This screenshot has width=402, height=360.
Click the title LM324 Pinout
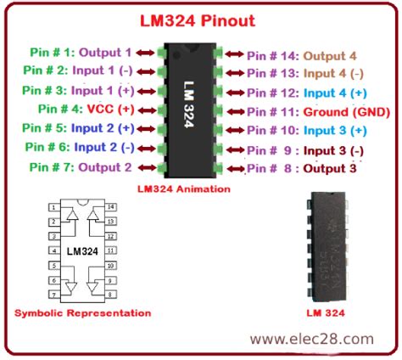tap(198, 21)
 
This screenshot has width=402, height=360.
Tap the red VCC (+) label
tap(110, 109)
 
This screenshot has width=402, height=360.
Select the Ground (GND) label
tap(347, 112)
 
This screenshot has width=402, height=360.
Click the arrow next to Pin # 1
tap(145, 53)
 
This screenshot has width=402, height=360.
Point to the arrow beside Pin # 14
tap(234, 53)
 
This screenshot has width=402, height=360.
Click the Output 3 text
tap(330, 169)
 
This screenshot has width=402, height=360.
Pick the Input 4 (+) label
tap(335, 93)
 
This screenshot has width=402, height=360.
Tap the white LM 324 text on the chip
tap(188, 104)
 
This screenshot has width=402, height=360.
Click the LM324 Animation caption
tap(184, 188)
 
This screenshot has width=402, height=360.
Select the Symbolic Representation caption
tap(82, 313)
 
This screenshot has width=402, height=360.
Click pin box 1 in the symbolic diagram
tap(54, 207)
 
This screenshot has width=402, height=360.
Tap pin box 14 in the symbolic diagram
tap(111, 207)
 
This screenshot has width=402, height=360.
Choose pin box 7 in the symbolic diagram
tap(54, 295)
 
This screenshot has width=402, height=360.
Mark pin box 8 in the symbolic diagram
tap(111, 295)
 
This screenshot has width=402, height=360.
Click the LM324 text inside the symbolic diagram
tap(82, 251)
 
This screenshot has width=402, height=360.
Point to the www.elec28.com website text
tap(311, 339)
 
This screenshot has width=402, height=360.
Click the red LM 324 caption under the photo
tap(326, 312)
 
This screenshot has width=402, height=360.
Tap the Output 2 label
tap(105, 167)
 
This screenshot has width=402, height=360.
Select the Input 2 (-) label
tap(104, 147)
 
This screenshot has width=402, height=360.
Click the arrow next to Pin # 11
tap(236, 112)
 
